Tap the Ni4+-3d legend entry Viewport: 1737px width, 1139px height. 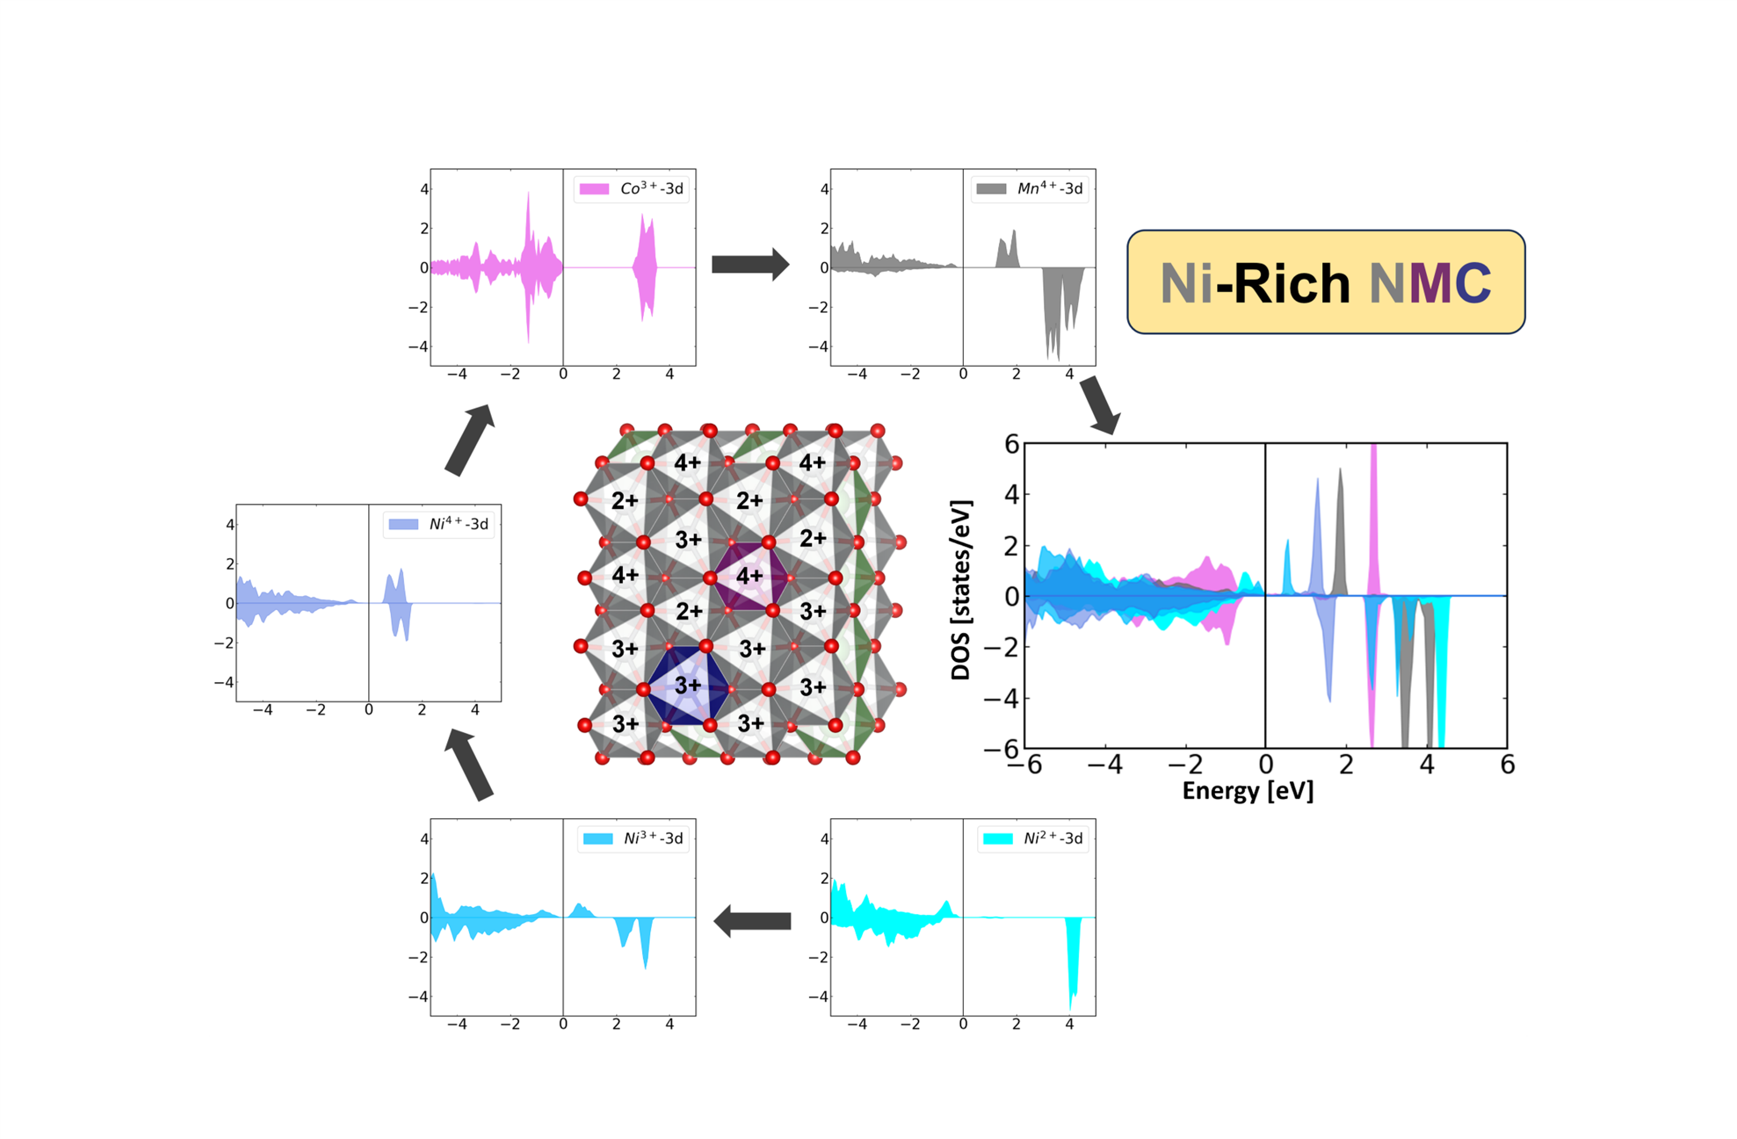pyautogui.click(x=438, y=524)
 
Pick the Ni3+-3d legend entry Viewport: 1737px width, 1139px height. pyautogui.click(x=633, y=838)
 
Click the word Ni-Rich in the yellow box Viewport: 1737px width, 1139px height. pyautogui.click(x=1255, y=283)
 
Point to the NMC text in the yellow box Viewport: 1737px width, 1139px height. pyautogui.click(x=1430, y=283)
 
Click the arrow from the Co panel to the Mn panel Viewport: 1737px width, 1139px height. pyautogui.click(x=750, y=264)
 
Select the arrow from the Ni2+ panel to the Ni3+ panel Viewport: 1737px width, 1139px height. pyautogui.click(x=753, y=921)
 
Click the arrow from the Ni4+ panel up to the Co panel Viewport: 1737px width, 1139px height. pyautogui.click(x=470, y=440)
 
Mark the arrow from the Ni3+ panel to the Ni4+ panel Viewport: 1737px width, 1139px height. pyautogui.click(x=469, y=764)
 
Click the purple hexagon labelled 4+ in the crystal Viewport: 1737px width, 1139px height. pyautogui.click(x=750, y=576)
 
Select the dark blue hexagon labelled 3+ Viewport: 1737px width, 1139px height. pyautogui.click(x=688, y=686)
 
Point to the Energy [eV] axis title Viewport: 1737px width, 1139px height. pyautogui.click(x=1248, y=791)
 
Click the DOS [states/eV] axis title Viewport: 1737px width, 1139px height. pyautogui.click(x=960, y=590)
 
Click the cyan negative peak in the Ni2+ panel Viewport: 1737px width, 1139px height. pyautogui.click(x=1072, y=963)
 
